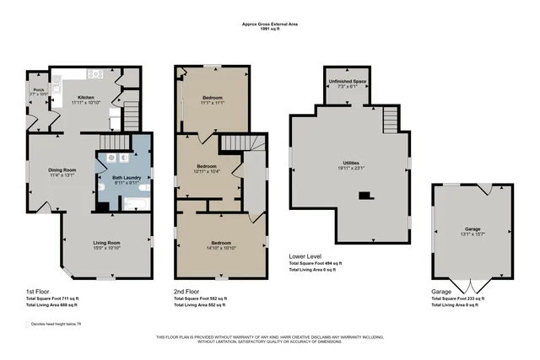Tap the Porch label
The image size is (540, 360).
(x=38, y=89)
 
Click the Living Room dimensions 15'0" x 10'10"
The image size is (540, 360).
(x=107, y=248)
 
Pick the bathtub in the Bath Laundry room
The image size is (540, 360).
(x=135, y=203)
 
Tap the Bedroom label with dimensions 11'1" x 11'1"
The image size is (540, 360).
(x=213, y=99)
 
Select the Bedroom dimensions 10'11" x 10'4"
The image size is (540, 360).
(x=208, y=172)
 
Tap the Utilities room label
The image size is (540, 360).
(x=348, y=164)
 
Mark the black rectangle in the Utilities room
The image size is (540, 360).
(x=364, y=196)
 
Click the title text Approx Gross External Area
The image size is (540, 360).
(x=269, y=25)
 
